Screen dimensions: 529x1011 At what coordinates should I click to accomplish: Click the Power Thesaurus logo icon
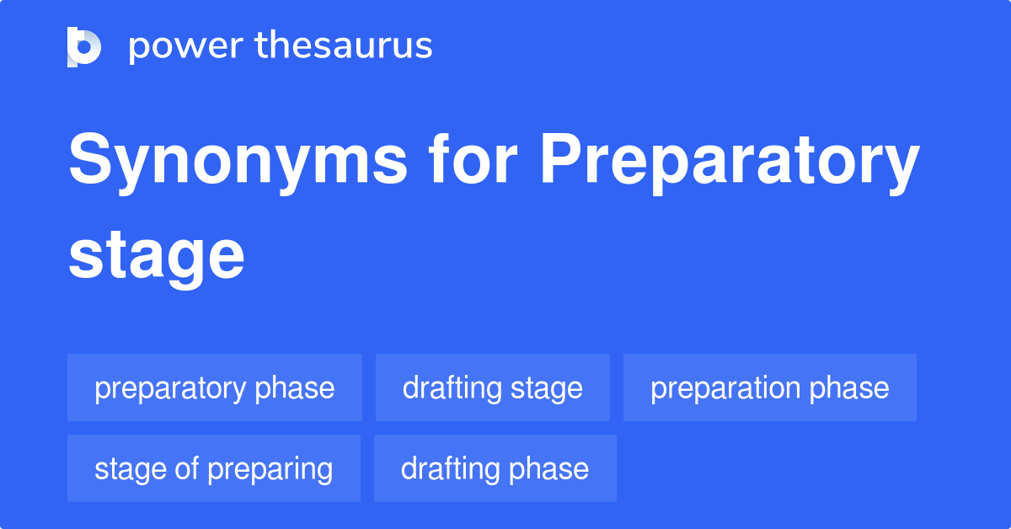click(84, 46)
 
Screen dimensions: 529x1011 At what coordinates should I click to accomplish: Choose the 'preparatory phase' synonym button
click(215, 388)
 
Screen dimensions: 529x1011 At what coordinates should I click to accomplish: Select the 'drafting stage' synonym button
click(493, 388)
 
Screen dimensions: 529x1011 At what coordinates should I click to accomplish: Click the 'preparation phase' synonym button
click(770, 388)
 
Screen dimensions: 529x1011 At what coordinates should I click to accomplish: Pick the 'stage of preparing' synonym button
click(214, 469)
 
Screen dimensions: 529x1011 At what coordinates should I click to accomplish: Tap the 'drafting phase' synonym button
click(495, 469)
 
